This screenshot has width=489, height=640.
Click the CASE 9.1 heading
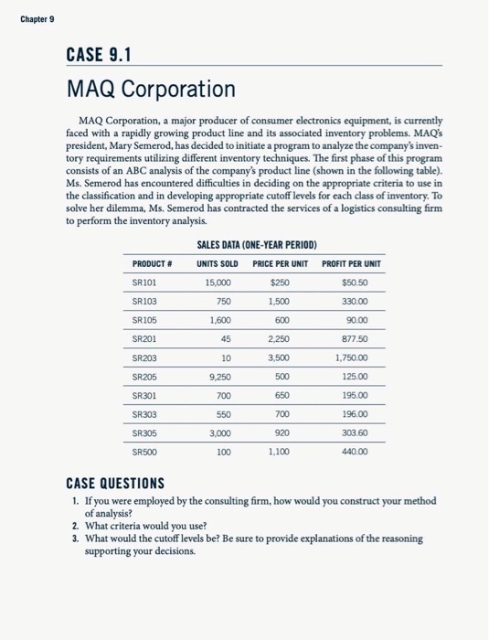pos(100,55)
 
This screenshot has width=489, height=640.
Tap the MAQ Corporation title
pos(151,90)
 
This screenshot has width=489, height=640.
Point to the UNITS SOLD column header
pos(218,264)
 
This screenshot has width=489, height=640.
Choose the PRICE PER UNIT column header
pos(280,264)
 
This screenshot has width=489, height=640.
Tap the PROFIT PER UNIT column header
pos(352,264)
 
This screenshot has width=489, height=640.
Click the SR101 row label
pos(145,283)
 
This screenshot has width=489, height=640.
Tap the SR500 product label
pos(145,452)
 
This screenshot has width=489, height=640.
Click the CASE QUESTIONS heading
pos(115,482)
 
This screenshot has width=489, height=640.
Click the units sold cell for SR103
pos(224,303)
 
